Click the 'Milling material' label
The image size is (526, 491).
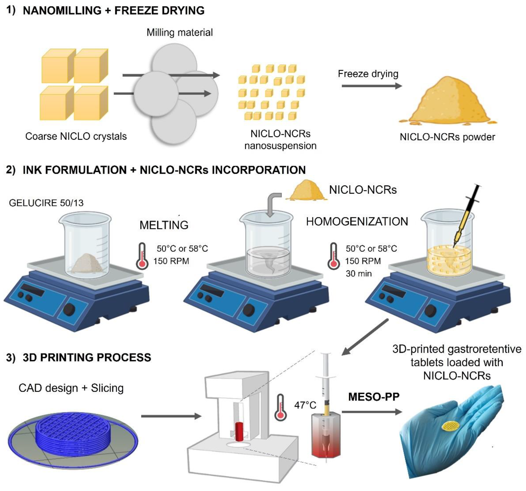click(x=179, y=33)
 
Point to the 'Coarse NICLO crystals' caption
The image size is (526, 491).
click(x=76, y=136)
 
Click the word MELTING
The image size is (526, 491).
click(x=164, y=225)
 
